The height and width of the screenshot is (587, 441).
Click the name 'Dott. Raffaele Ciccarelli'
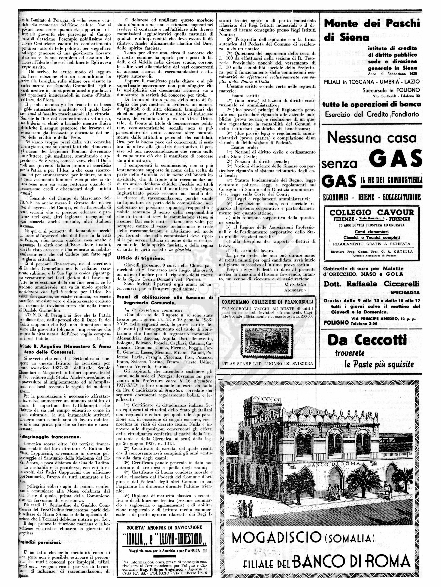371,284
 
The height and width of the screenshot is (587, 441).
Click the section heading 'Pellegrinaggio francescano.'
46,436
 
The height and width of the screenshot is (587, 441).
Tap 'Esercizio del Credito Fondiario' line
372,115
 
